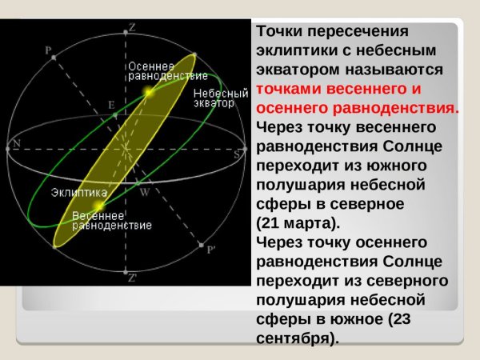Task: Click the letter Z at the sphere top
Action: tap(132, 27)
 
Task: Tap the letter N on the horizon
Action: tap(17, 144)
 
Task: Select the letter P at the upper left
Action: tap(48, 50)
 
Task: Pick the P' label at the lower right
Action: tap(211, 250)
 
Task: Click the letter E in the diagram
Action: tap(111, 105)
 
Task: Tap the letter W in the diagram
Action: tap(144, 192)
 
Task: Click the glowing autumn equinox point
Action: tap(147, 93)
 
